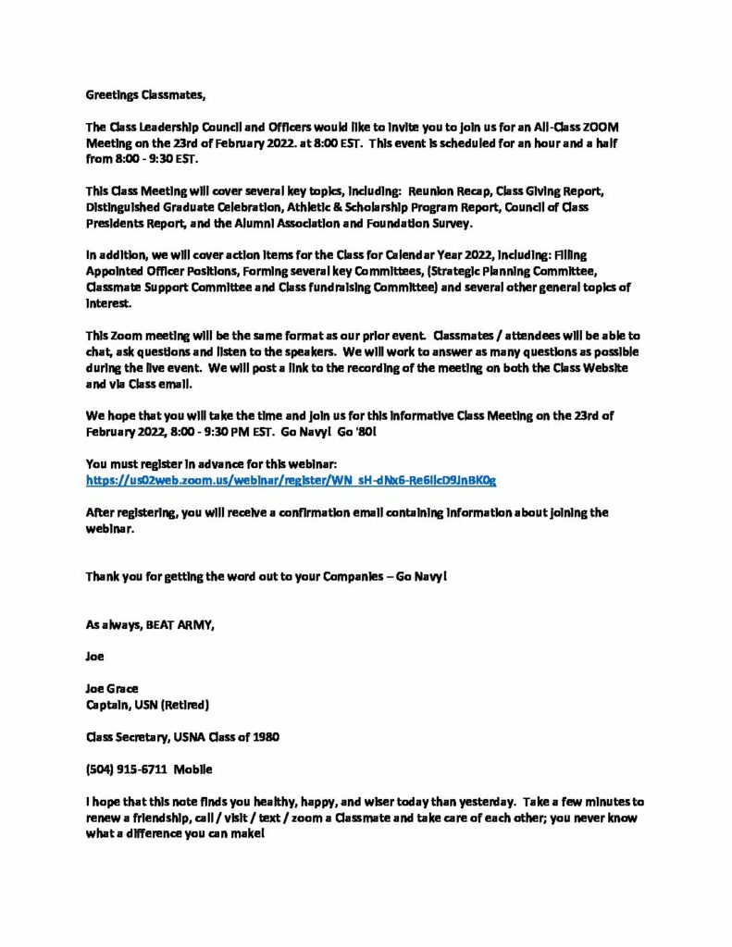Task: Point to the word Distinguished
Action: click(125, 207)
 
